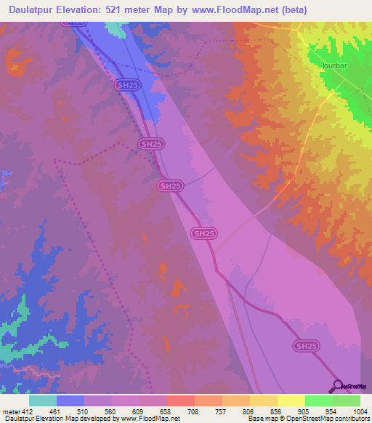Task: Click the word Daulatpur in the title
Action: pyautogui.click(x=34, y=9)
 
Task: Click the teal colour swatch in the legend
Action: pyautogui.click(x=42, y=400)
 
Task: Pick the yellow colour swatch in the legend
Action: pyautogui.click(x=291, y=400)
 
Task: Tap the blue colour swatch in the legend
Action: pyautogui.click(x=70, y=400)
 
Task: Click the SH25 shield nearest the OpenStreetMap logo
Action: pyautogui.click(x=307, y=346)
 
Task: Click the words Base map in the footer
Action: pyautogui.click(x=261, y=419)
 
